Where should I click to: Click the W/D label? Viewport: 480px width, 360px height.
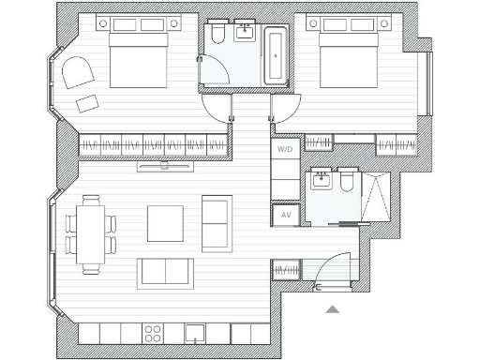point(284,149)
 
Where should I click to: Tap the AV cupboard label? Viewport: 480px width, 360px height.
point(285,215)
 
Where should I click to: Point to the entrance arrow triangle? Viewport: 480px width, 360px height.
point(333,308)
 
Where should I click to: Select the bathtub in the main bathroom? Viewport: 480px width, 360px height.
point(276,55)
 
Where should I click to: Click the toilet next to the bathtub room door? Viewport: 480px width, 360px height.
point(217,36)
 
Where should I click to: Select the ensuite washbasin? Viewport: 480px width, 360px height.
point(322,179)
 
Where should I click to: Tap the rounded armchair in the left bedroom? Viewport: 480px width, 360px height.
point(77,71)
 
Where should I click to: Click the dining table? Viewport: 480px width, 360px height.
point(91,233)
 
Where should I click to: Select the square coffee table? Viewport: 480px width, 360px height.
point(165,223)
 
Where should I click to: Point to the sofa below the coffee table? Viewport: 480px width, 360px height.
point(166,273)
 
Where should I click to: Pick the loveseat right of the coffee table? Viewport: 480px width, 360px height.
point(217,223)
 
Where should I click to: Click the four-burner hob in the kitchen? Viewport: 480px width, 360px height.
point(153,333)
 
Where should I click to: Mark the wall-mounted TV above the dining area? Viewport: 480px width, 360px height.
point(165,167)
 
